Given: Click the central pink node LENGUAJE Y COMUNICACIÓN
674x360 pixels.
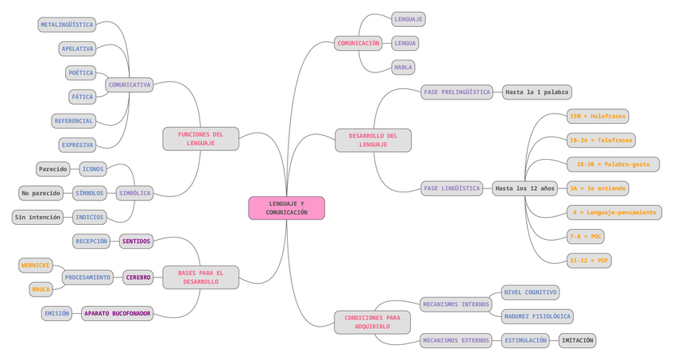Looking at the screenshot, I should pos(286,208).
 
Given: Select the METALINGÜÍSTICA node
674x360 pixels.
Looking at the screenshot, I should pos(67,25).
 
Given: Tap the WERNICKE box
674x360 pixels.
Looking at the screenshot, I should pos(36,265).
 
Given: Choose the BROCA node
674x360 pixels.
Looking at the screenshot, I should pos(41,289).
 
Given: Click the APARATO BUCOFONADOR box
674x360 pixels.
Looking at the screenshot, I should pos(117,313).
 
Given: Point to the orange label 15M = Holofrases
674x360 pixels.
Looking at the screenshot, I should pos(598,116).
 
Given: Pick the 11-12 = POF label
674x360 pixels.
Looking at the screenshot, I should pos(589,260).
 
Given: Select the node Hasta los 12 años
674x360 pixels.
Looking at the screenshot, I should pos(525,188).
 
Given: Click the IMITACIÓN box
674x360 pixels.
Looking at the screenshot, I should pos(576,340).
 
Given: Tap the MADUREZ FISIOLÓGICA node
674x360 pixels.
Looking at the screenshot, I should pos(537,316).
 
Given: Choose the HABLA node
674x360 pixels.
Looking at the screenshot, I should pos(403,68).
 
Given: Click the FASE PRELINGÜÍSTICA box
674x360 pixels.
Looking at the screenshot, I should pos(456,92).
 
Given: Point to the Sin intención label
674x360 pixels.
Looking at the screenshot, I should pos(37,217).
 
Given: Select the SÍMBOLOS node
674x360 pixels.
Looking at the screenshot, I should pos(89,193).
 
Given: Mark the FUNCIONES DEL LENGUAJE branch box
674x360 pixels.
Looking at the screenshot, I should pos(200,138).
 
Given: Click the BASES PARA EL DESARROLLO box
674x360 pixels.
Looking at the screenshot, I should pos(200,277).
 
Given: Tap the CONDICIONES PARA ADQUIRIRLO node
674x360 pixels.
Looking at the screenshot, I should pos(373,322).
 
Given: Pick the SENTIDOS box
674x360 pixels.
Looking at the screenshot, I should pos(136,241).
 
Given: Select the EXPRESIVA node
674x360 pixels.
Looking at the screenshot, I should pos(78,145).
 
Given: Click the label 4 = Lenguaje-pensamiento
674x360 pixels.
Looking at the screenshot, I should pos(614,212).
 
